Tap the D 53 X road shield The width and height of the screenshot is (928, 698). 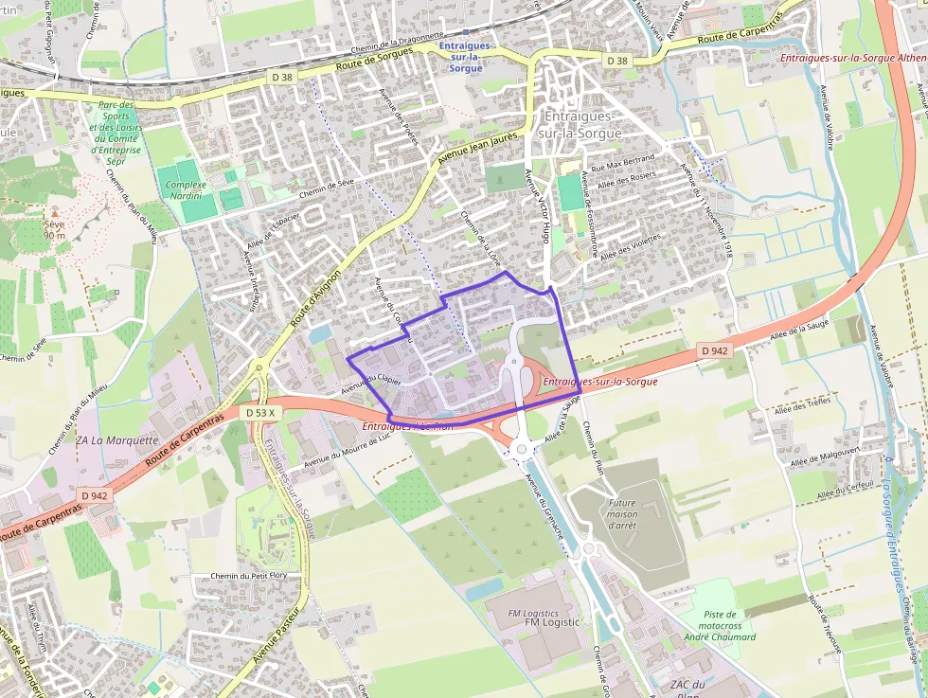coord(259,413)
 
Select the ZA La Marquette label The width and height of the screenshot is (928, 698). coord(116,440)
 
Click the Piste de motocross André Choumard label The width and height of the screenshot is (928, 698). coord(720,625)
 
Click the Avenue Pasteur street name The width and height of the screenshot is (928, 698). coord(275,638)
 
